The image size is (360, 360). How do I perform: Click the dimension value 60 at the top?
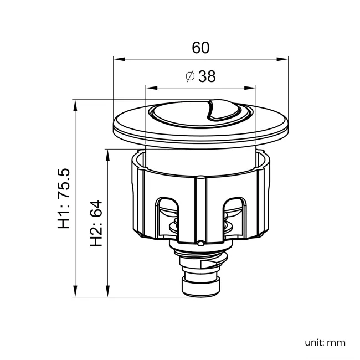point(200,48)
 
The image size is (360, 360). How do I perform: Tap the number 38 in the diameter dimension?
point(207,77)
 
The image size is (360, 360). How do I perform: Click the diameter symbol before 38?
point(189,77)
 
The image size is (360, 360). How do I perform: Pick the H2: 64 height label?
point(97,223)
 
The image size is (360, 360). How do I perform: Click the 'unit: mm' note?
point(325,342)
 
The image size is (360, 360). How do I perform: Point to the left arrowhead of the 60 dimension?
point(117,59)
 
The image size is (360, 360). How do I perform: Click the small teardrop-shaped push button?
point(219,109)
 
